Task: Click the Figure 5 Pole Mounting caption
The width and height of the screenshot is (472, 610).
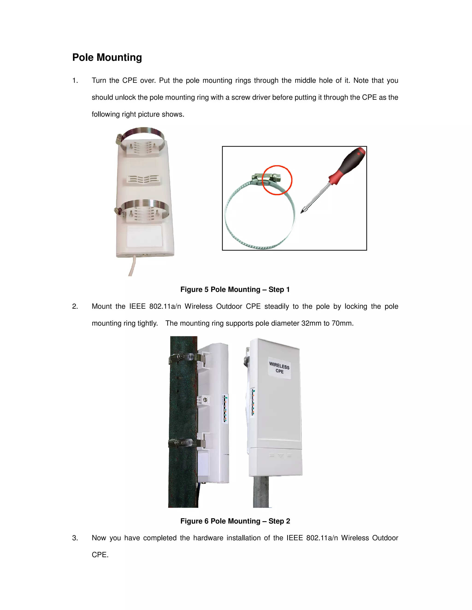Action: [x=235, y=289]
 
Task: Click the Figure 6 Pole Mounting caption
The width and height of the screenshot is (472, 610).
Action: [x=235, y=521]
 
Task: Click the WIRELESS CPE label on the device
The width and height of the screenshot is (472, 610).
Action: [x=279, y=368]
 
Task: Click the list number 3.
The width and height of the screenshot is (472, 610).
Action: [x=75, y=538]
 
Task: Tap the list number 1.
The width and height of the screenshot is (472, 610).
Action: [x=75, y=80]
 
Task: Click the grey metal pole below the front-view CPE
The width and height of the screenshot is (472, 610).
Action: [x=261, y=492]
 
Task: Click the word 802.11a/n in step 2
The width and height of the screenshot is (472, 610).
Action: [x=165, y=306]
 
